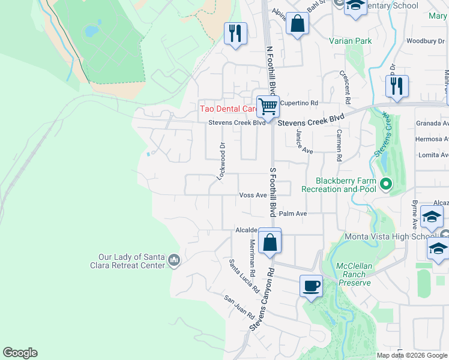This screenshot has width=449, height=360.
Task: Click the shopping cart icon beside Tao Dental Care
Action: [268, 107]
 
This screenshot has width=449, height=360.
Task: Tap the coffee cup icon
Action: [310, 286]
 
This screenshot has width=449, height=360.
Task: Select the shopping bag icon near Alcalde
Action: [270, 242]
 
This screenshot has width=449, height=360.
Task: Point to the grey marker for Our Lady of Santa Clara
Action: [174, 260]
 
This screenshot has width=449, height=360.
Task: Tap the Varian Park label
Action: [350, 41]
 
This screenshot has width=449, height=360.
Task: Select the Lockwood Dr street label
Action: [221, 161]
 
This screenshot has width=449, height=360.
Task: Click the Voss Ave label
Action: [252, 195]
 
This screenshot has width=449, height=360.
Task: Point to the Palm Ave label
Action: [293, 214]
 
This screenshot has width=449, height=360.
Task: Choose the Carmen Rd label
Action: [339, 146]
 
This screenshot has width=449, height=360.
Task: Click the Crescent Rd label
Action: [347, 85]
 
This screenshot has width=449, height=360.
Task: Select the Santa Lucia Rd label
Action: [244, 275]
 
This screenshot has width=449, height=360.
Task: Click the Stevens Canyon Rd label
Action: [262, 298]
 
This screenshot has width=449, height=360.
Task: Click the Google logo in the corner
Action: [20, 353]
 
